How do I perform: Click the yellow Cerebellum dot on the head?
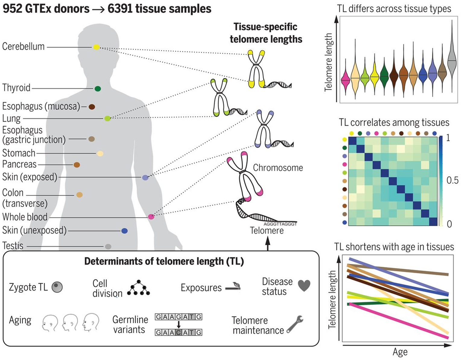96,47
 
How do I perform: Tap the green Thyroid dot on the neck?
97,89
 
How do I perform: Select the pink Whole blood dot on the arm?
151,217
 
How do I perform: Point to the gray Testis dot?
108,247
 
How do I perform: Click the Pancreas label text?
19,164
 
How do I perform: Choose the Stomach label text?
19,153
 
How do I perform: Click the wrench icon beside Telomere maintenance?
295,324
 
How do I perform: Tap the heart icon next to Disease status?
304,285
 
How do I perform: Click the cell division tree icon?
138,288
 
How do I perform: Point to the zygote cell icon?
57,287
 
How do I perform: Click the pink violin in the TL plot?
345,80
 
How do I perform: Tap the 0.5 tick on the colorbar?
452,180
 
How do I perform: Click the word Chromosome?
278,168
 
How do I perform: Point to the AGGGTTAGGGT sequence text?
280,224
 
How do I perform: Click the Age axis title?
400,352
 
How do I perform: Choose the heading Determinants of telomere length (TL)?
164,261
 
